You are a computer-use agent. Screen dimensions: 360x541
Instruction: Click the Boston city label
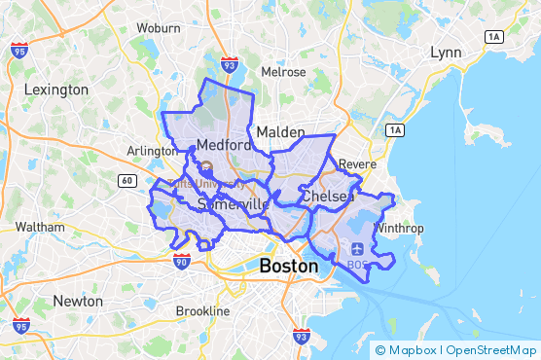click(x=289, y=266)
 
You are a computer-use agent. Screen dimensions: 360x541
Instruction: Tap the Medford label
click(x=224, y=146)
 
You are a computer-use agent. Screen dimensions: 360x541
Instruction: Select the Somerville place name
click(x=233, y=204)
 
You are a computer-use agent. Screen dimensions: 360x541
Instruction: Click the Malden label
click(x=280, y=131)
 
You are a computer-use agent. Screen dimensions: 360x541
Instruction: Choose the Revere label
click(x=357, y=164)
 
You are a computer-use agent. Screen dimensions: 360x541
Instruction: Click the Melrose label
click(x=283, y=72)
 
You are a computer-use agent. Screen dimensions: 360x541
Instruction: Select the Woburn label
click(x=158, y=28)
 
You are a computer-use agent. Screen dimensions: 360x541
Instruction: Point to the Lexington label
click(x=56, y=90)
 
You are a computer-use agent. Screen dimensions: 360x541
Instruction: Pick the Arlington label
click(x=151, y=151)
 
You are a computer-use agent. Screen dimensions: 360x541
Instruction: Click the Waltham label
click(x=40, y=227)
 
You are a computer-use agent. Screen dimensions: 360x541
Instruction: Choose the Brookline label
click(x=202, y=311)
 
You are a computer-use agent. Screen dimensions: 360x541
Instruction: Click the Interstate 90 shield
click(x=182, y=260)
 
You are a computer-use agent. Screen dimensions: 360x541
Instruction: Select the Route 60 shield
click(x=127, y=180)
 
